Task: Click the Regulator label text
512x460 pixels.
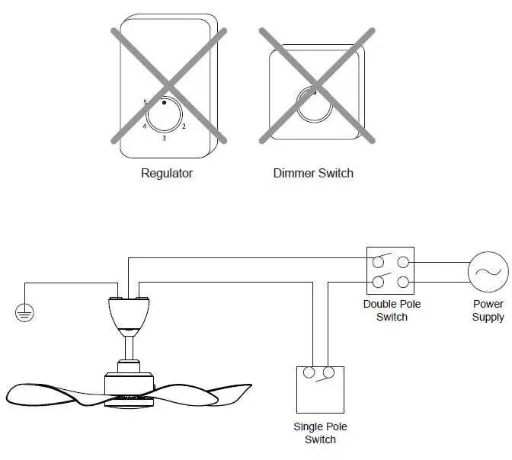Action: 167,173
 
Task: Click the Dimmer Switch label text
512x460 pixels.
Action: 313,173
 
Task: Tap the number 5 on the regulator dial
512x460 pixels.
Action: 145,102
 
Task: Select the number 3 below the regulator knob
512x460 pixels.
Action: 164,139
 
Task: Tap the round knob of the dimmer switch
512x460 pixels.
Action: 313,106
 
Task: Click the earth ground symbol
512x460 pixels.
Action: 25,313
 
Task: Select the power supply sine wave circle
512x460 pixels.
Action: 488,272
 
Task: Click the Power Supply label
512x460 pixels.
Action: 488,311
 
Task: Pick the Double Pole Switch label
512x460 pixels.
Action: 392,311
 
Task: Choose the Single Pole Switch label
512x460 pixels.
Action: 320,433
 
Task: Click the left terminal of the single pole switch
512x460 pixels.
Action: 310,373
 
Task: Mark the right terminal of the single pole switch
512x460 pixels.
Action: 328,373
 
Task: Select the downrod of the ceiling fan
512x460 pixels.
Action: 129,350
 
